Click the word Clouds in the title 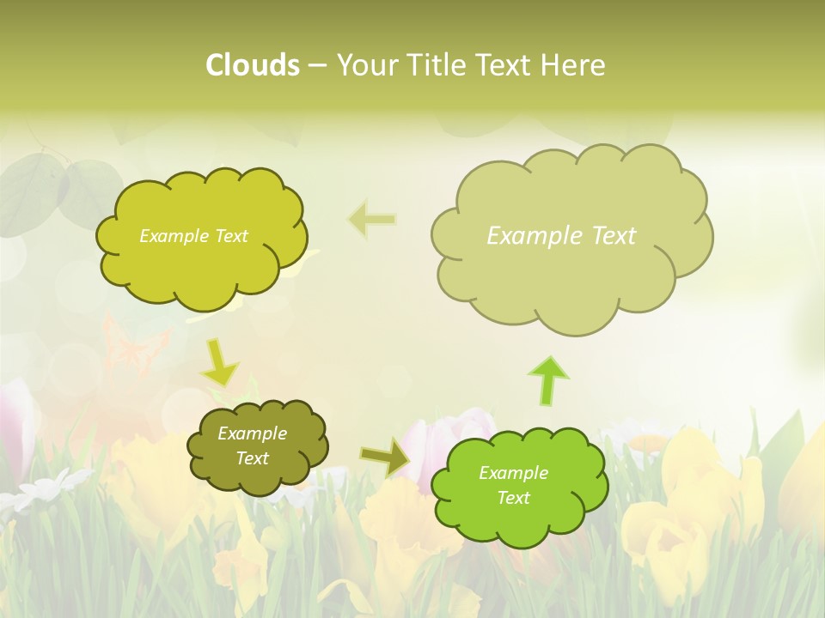pos(252,65)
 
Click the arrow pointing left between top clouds pos(372,220)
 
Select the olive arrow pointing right pos(386,458)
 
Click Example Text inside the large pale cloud pos(561,235)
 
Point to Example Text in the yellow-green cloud pos(193,236)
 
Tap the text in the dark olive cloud pos(253,445)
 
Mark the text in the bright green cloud pos(513,485)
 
